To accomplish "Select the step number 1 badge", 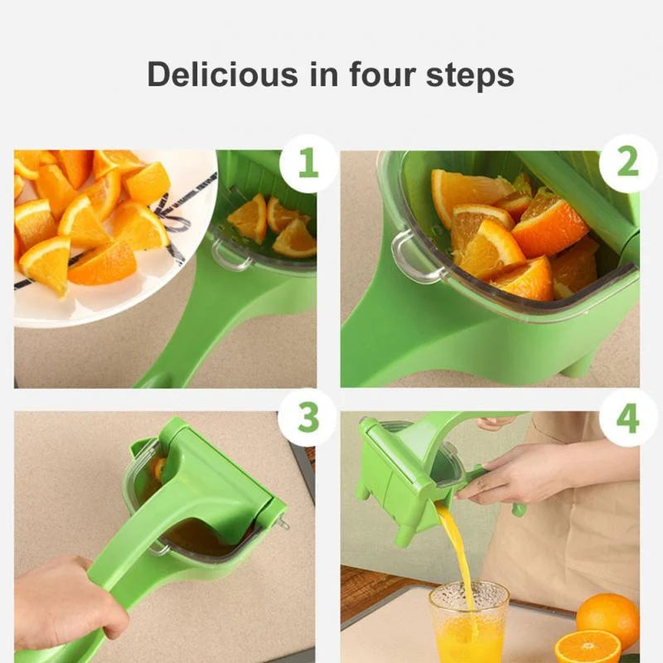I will pos(307,163).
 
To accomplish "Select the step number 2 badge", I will pos(627,163).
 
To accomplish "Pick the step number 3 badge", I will pos(307,418).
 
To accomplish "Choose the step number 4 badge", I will pos(627,418).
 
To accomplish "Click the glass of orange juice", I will pos(468,623).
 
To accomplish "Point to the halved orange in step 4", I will pos(588,646).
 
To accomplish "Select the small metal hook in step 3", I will pos(284,523).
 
